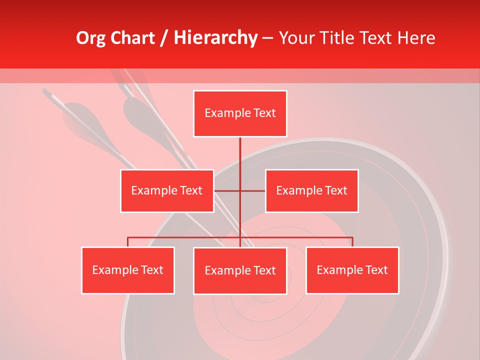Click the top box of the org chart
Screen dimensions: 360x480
click(x=240, y=113)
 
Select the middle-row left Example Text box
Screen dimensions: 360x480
click(x=167, y=190)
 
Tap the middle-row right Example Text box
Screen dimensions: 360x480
click(x=311, y=190)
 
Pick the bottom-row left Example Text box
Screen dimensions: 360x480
click(x=128, y=270)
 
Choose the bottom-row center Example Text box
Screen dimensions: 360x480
click(x=240, y=270)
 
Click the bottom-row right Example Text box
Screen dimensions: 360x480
click(x=352, y=270)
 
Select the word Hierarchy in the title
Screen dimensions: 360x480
click(x=215, y=38)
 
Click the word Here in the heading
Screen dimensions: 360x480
click(x=416, y=38)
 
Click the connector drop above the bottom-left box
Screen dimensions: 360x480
click(x=128, y=242)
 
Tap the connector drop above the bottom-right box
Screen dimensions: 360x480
click(x=352, y=242)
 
